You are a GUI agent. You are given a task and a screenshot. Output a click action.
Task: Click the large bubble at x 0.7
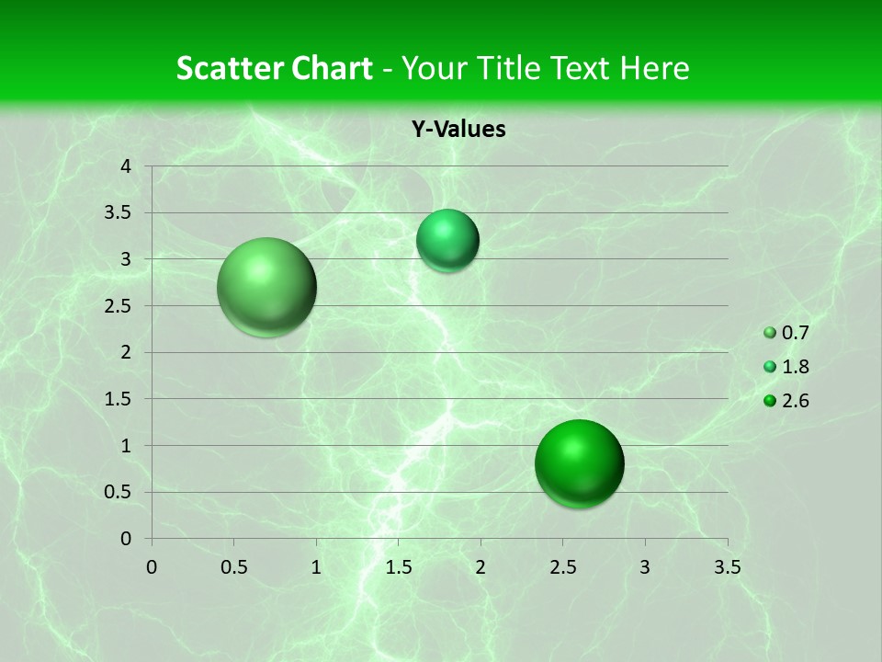(x=266, y=287)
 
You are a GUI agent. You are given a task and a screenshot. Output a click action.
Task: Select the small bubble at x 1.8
(x=447, y=241)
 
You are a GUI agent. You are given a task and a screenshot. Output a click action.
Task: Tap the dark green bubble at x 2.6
(x=579, y=463)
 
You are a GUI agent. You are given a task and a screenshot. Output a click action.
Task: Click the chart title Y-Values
(x=458, y=129)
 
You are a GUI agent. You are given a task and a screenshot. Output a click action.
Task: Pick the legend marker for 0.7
(x=770, y=333)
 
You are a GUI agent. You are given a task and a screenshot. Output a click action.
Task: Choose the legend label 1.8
(x=795, y=367)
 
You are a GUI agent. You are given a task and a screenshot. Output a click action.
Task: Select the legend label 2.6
(x=795, y=400)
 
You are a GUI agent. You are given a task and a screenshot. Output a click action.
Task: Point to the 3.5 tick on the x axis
(x=728, y=566)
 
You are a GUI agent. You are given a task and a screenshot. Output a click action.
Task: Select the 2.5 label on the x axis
(x=562, y=566)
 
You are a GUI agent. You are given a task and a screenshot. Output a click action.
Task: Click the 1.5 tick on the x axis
(x=398, y=566)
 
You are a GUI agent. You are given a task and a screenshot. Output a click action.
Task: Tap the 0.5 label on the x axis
(x=233, y=566)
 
